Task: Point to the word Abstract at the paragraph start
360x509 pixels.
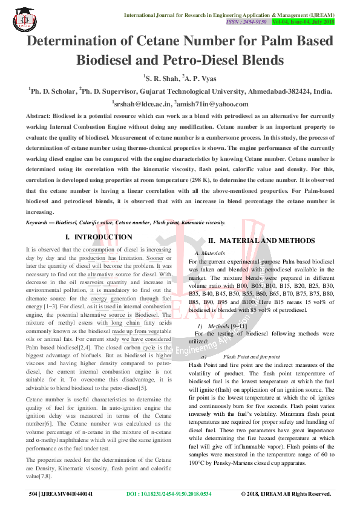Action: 38,115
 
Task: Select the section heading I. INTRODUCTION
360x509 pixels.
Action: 98,238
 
